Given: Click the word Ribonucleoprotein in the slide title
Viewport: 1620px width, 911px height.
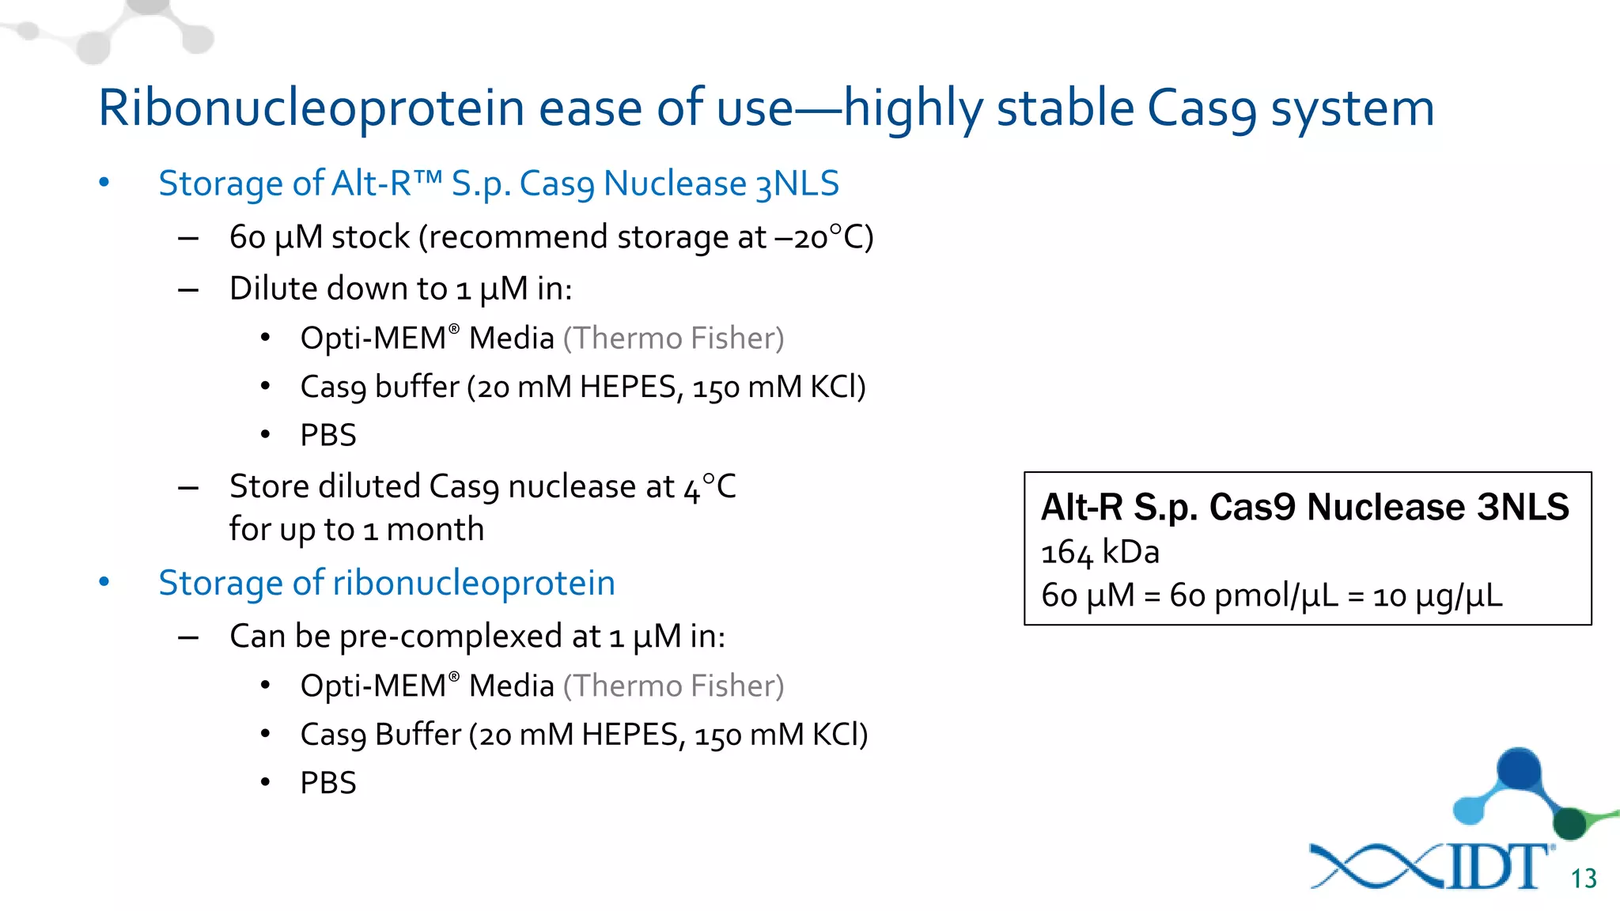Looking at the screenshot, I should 311,108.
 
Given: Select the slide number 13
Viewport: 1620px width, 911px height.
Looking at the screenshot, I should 1584,879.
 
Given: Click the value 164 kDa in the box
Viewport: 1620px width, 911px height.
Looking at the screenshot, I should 1100,552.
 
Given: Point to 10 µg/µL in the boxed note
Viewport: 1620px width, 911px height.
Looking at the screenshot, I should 1437,595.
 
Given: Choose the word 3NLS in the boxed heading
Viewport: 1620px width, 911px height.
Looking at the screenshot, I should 1523,507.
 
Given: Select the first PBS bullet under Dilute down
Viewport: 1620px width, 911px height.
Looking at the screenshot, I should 328,435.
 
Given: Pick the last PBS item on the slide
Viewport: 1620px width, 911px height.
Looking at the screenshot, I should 328,783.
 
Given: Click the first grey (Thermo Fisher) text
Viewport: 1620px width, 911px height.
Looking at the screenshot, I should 674,338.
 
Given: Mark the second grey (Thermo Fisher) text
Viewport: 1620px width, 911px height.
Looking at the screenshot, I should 674,686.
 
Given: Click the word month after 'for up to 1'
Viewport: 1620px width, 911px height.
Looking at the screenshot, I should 435,529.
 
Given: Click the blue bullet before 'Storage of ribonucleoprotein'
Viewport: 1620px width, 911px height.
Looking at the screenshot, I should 104,582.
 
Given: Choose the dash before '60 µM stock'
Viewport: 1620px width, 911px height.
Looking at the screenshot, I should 188,238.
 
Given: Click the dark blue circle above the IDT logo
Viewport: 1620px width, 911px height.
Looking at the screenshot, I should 1519,767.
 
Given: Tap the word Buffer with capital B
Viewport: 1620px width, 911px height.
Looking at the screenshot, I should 418,735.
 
